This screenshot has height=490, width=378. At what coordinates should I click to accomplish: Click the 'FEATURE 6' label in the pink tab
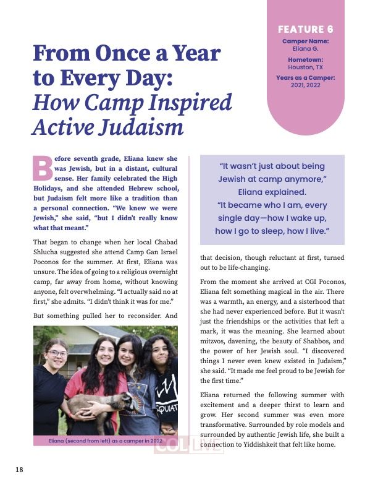point(306,29)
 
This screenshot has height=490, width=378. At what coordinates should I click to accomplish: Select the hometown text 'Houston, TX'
point(306,67)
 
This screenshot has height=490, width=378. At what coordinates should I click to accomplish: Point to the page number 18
point(19,470)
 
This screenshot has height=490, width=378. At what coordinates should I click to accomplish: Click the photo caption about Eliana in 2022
point(104,441)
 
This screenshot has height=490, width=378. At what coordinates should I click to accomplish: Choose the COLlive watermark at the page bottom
point(188,445)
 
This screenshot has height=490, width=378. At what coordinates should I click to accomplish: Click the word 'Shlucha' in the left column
point(51,251)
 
